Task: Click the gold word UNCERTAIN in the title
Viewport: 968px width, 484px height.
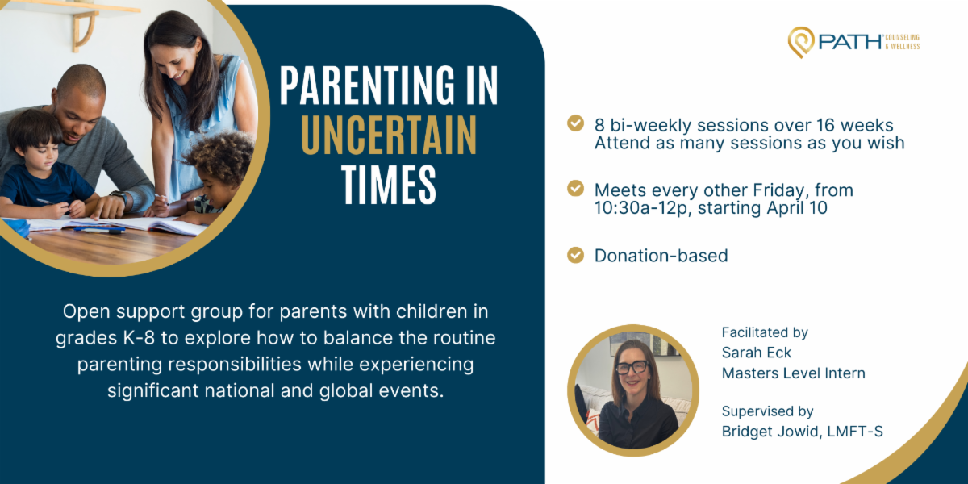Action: (x=389, y=135)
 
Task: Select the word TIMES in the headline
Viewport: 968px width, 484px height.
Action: (x=389, y=185)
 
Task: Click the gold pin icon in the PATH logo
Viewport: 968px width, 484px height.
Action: (x=801, y=42)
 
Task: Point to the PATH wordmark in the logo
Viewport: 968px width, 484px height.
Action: (x=850, y=42)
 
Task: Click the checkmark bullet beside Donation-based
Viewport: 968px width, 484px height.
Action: (x=575, y=255)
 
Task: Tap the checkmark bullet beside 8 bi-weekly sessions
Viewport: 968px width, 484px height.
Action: (x=575, y=123)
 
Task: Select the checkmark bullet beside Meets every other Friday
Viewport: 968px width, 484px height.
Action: (x=575, y=189)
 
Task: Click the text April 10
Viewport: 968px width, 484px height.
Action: (x=797, y=208)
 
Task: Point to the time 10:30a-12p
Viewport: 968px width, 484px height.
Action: (x=640, y=208)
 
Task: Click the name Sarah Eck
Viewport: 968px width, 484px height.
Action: (x=757, y=353)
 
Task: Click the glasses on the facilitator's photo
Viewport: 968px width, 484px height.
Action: (x=632, y=367)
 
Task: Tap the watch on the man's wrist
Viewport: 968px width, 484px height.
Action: (x=120, y=197)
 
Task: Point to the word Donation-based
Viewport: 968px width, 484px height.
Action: (x=661, y=256)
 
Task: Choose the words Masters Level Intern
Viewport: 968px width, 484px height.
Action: (x=794, y=373)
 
